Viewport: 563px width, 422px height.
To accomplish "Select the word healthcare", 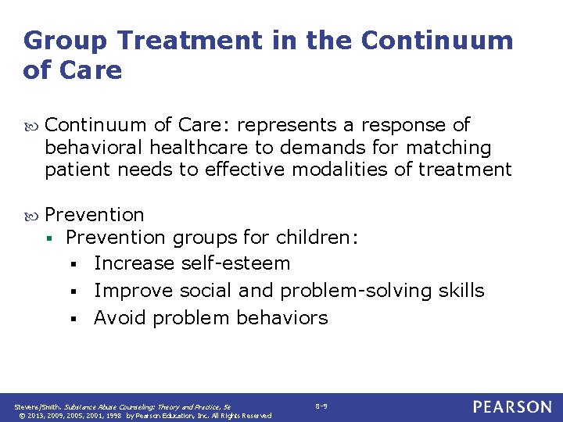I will [197, 148].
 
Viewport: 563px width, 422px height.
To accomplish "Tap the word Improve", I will [134, 291].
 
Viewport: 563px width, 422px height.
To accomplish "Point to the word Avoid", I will [120, 318].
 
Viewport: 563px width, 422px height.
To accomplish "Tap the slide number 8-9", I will [321, 406].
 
